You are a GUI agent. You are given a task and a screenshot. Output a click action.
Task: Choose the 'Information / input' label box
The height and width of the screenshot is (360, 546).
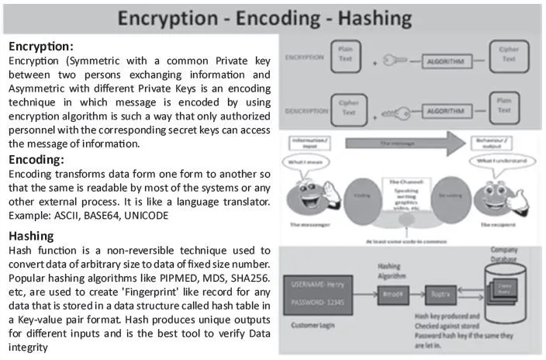(x=302, y=141)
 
